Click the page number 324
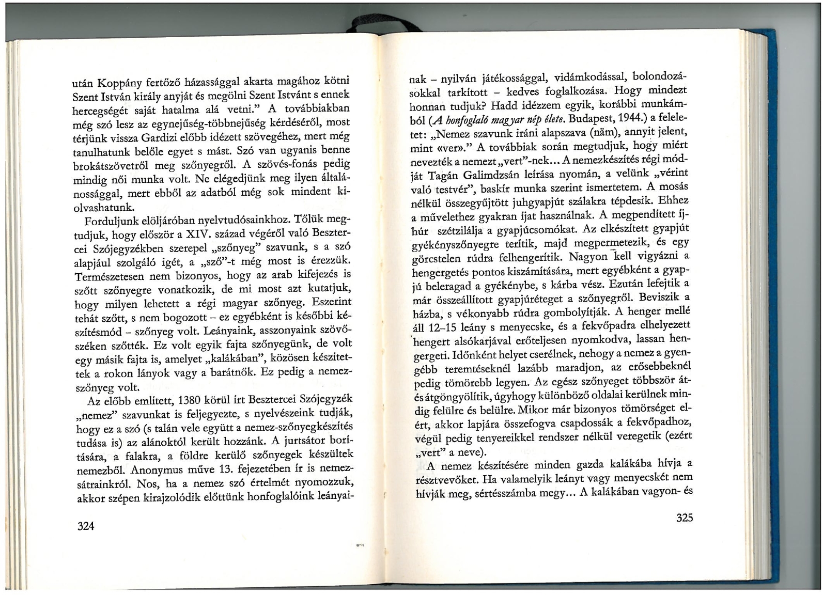[85, 526]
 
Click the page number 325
[684, 518]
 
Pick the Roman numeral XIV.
[197, 234]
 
